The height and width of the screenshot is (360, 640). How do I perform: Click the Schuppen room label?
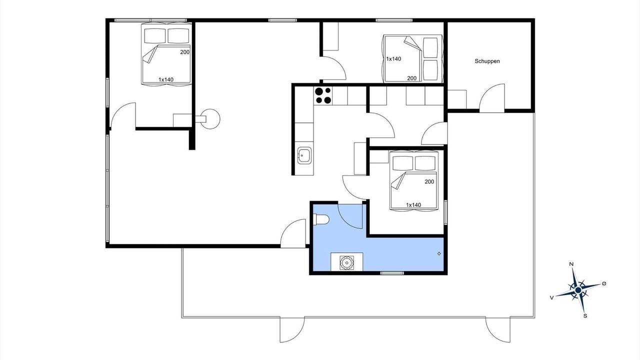487,61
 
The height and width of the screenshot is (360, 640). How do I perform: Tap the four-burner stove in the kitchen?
323,95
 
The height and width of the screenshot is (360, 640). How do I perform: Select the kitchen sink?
304,155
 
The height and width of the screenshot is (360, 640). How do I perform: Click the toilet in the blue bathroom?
321,219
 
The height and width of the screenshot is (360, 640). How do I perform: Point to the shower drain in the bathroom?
347,262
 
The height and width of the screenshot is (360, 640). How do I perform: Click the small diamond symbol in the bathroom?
439,253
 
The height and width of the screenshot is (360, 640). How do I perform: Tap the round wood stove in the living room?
210,119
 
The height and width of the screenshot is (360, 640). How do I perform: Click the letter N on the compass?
571,264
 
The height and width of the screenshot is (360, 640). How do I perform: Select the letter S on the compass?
585,315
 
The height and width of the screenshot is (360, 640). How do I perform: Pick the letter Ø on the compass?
603,283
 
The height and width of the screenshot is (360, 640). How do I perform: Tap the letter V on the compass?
551,297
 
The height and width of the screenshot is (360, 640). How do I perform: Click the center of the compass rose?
578,290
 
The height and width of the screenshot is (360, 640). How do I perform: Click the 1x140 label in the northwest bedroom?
166,79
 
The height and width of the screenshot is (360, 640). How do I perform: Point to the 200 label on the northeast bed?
411,78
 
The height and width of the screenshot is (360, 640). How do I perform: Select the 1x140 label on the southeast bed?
413,205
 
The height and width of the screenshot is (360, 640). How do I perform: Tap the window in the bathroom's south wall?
392,273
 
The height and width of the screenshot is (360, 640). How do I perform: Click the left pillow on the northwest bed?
155,35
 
